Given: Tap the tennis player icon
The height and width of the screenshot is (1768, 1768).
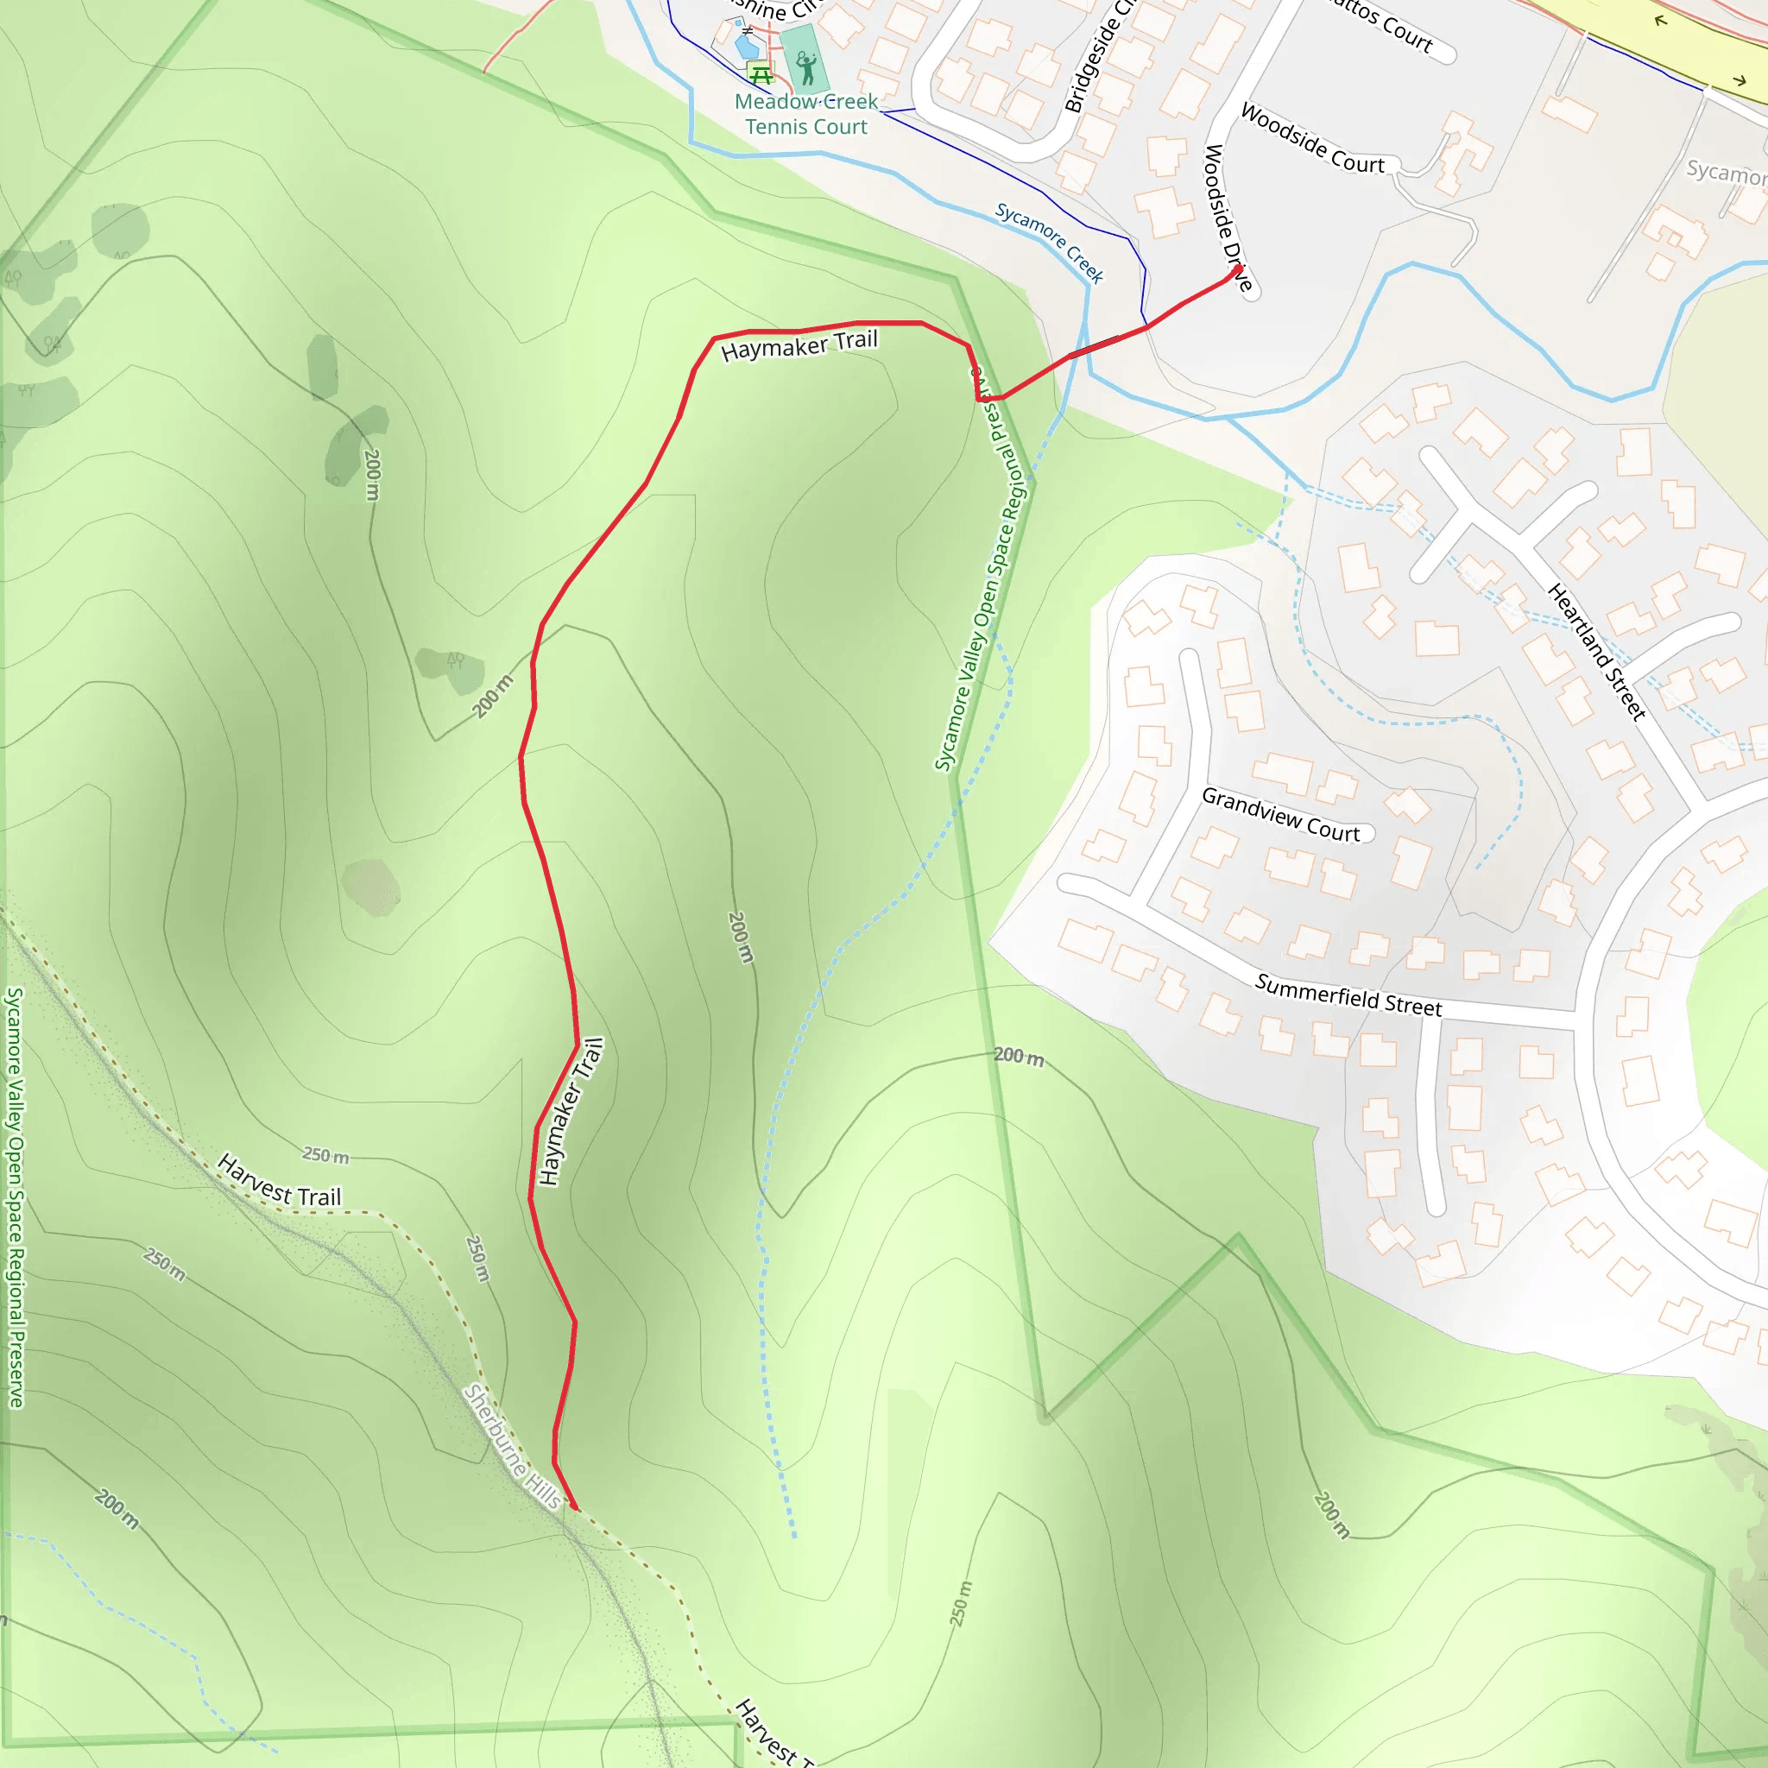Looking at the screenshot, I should (x=805, y=66).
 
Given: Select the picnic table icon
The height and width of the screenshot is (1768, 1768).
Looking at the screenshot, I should (x=760, y=73).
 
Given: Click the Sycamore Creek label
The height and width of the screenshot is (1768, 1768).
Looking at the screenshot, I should (x=1050, y=242).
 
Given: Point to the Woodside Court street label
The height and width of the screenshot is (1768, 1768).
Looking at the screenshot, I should (x=1312, y=138).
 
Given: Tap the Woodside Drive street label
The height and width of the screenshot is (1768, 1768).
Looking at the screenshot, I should (x=1226, y=218).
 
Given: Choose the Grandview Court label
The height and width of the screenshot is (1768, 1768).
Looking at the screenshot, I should (x=1280, y=813).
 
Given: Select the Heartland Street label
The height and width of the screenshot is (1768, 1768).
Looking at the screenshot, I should (x=1597, y=652).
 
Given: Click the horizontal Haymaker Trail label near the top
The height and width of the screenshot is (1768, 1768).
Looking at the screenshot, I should (x=799, y=345).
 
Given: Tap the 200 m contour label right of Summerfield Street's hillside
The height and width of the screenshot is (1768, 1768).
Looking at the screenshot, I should (x=1019, y=1056).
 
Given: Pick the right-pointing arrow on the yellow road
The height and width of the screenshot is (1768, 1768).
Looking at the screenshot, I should (x=1740, y=80).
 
